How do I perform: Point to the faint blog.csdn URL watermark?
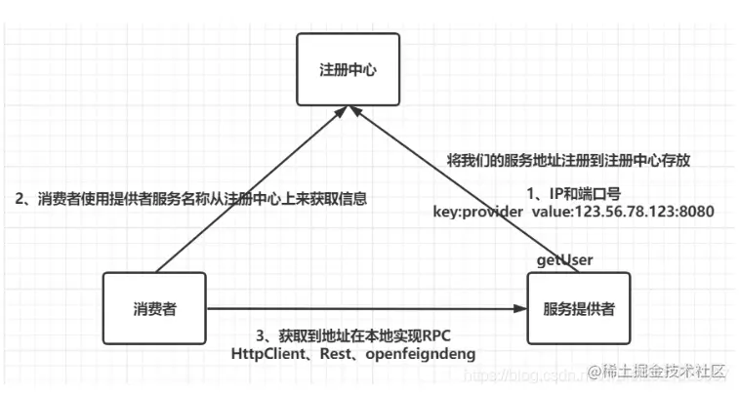522,373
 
